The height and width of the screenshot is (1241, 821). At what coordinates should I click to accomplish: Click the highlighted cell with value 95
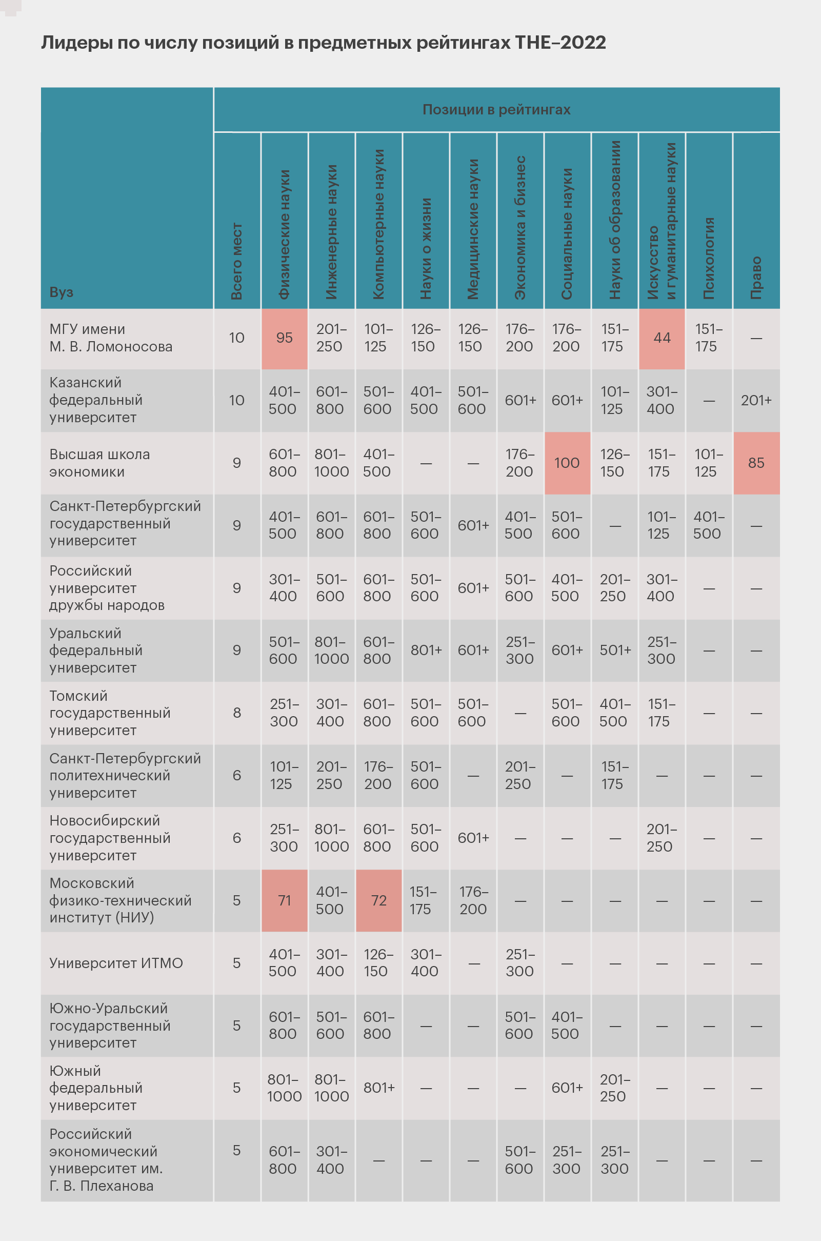click(x=284, y=338)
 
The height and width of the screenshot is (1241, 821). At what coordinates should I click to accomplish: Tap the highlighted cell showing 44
click(x=662, y=338)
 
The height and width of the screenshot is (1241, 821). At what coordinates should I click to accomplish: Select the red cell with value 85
click(x=756, y=463)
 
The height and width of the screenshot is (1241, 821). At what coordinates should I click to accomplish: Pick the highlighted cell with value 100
click(x=567, y=463)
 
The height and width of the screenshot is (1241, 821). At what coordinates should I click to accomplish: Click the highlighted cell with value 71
click(x=284, y=900)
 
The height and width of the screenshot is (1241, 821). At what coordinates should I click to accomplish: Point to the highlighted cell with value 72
click(x=378, y=900)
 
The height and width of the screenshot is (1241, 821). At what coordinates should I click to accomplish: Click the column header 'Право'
click(x=756, y=278)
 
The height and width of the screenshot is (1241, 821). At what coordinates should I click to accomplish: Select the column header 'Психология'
click(x=709, y=258)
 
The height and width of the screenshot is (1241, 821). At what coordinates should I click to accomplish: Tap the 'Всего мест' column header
click(x=237, y=261)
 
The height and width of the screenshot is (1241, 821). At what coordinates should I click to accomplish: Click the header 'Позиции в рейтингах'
click(x=496, y=109)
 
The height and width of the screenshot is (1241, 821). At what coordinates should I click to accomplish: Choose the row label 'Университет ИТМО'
click(x=116, y=963)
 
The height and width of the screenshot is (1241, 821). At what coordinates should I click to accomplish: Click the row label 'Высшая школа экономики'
click(x=99, y=463)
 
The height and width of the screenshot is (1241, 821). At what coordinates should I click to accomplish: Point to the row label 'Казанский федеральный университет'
click(x=96, y=400)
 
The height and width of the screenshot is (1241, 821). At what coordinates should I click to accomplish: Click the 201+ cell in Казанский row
click(x=756, y=400)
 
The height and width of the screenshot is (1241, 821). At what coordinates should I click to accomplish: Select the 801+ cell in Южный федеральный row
click(x=378, y=1088)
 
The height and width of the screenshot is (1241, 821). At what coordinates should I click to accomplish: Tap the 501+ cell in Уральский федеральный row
click(x=615, y=650)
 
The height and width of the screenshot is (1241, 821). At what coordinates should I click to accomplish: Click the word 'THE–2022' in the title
click(x=560, y=43)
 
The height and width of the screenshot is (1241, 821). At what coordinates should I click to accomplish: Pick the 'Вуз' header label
click(x=61, y=292)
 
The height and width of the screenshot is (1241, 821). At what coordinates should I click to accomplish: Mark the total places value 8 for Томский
click(x=237, y=713)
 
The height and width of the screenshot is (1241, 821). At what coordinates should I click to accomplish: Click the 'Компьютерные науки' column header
click(x=378, y=224)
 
